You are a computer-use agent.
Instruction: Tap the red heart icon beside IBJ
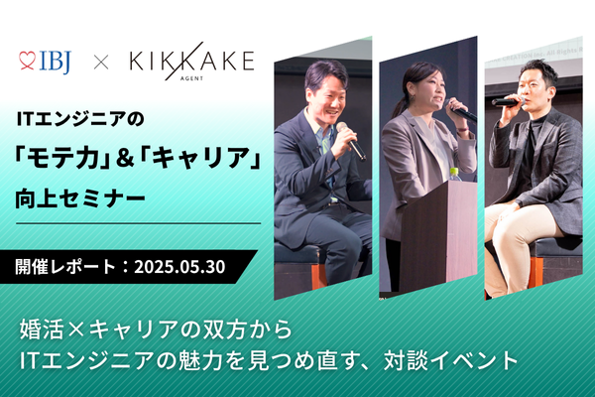[x=27, y=61]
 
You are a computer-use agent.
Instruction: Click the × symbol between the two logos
[x=101, y=62]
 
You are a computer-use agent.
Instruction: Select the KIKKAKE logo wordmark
[x=191, y=61]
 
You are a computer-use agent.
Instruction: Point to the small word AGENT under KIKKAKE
[x=194, y=78]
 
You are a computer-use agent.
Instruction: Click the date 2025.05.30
[x=179, y=267]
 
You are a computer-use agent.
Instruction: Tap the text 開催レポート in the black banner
[x=65, y=267]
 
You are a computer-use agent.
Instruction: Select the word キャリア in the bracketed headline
[x=199, y=157]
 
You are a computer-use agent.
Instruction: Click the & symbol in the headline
[x=124, y=158]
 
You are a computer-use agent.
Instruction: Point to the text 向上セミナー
[x=80, y=198]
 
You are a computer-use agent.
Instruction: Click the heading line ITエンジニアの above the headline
[x=80, y=119]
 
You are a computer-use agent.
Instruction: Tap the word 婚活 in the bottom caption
[x=42, y=329]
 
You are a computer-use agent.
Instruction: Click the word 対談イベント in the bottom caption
[x=451, y=360]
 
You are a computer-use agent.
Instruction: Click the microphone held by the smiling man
[x=351, y=140]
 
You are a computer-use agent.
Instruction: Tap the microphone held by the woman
[x=460, y=110]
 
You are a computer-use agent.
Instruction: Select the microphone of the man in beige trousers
[x=508, y=101]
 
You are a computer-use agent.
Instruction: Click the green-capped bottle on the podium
[x=454, y=175]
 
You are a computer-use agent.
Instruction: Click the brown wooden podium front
[x=438, y=235]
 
